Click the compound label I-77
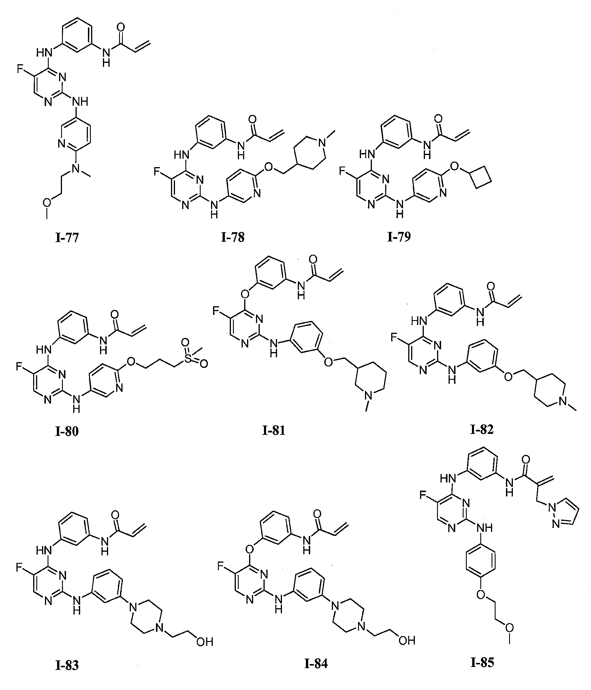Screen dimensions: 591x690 coord(67,238)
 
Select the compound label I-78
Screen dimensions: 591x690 coord(233,237)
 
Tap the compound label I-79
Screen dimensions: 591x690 coord(399,237)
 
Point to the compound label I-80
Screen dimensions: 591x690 coord(67,431)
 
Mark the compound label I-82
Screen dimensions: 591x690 coord(482,430)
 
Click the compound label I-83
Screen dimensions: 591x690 coord(67,665)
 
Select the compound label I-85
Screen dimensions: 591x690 coord(482,663)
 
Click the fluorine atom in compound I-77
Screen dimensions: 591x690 coord(20,69)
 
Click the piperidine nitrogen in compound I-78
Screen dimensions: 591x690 coord(322,143)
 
